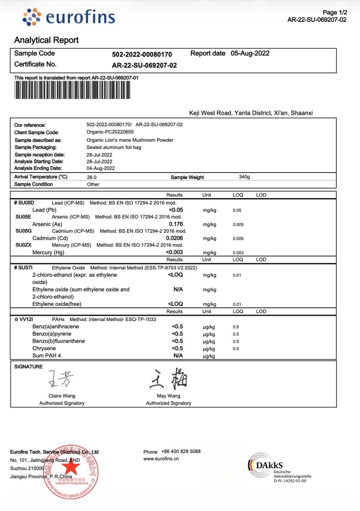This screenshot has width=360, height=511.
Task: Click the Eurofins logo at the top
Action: [x=69, y=17]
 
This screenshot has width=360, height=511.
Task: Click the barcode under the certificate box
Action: [x=72, y=90]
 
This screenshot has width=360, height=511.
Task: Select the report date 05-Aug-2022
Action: [x=250, y=53]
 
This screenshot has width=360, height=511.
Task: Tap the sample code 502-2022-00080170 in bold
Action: [x=142, y=54]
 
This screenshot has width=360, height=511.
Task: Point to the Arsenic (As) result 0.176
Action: [x=176, y=224]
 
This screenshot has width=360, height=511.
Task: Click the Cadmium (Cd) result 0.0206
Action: [x=174, y=238]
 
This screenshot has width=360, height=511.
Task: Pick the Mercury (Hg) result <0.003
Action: [x=174, y=252]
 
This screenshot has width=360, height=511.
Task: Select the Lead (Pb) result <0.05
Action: [x=176, y=210]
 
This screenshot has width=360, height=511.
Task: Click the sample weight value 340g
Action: [x=244, y=177]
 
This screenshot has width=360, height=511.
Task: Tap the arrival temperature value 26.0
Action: [x=91, y=177]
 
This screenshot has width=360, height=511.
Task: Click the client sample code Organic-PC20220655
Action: [x=110, y=132]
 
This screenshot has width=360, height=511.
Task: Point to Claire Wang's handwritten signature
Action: [x=61, y=379]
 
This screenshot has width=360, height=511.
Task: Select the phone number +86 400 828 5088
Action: [x=181, y=451]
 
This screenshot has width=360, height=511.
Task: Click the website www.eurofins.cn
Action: [x=161, y=459]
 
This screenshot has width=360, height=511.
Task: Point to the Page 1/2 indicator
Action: [x=335, y=12]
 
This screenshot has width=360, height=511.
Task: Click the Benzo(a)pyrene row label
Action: [x=52, y=334]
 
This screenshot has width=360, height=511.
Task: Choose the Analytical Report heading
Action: [x=46, y=40]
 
